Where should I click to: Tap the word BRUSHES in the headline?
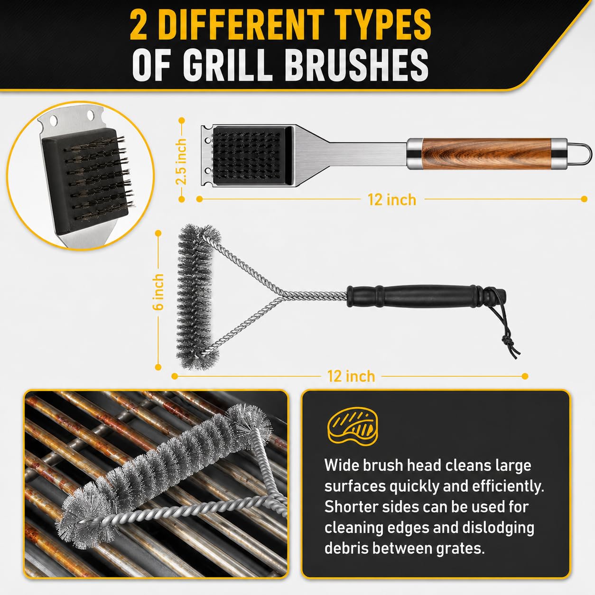357,66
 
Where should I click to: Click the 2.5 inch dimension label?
181,161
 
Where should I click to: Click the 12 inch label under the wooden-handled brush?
392,200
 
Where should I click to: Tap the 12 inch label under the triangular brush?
352,376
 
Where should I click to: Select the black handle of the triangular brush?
426,296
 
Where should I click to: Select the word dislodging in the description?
498,528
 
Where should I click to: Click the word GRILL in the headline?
227,66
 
